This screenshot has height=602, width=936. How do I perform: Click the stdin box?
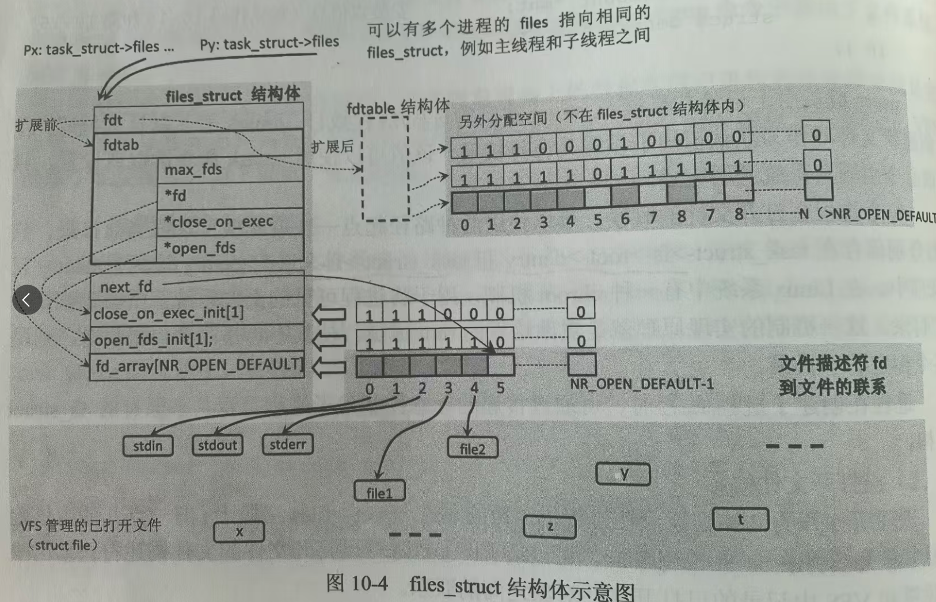pyautogui.click(x=148, y=446)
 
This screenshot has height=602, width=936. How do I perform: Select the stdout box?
pyautogui.click(x=217, y=445)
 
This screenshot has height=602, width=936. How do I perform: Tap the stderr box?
pyautogui.click(x=287, y=444)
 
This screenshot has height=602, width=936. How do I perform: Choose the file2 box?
pyautogui.click(x=473, y=448)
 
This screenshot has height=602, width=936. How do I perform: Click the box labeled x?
pyautogui.click(x=239, y=532)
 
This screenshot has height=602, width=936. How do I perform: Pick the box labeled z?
pyautogui.click(x=550, y=527)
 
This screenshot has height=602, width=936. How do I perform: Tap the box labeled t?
pyautogui.click(x=740, y=519)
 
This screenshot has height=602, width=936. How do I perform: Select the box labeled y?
pyautogui.click(x=623, y=474)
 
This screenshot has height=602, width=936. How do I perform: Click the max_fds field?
pyautogui.click(x=229, y=170)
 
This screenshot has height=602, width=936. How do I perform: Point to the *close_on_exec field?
pyautogui.click(x=229, y=221)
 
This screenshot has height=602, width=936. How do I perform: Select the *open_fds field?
pyautogui.click(x=229, y=248)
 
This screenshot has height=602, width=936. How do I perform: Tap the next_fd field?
pyautogui.click(x=196, y=286)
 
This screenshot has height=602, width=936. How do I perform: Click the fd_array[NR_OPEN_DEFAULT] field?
pyautogui.click(x=197, y=366)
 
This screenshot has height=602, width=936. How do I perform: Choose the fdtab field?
pyautogui.click(x=197, y=144)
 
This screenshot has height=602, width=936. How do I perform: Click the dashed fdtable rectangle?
pyautogui.click(x=385, y=169)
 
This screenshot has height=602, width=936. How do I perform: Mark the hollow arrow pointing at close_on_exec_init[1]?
pyautogui.click(x=329, y=314)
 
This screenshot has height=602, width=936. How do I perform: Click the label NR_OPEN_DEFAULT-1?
pyautogui.click(x=642, y=384)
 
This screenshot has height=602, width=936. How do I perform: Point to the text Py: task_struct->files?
pyautogui.click(x=269, y=43)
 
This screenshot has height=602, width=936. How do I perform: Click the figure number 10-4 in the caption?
pyautogui.click(x=369, y=583)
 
